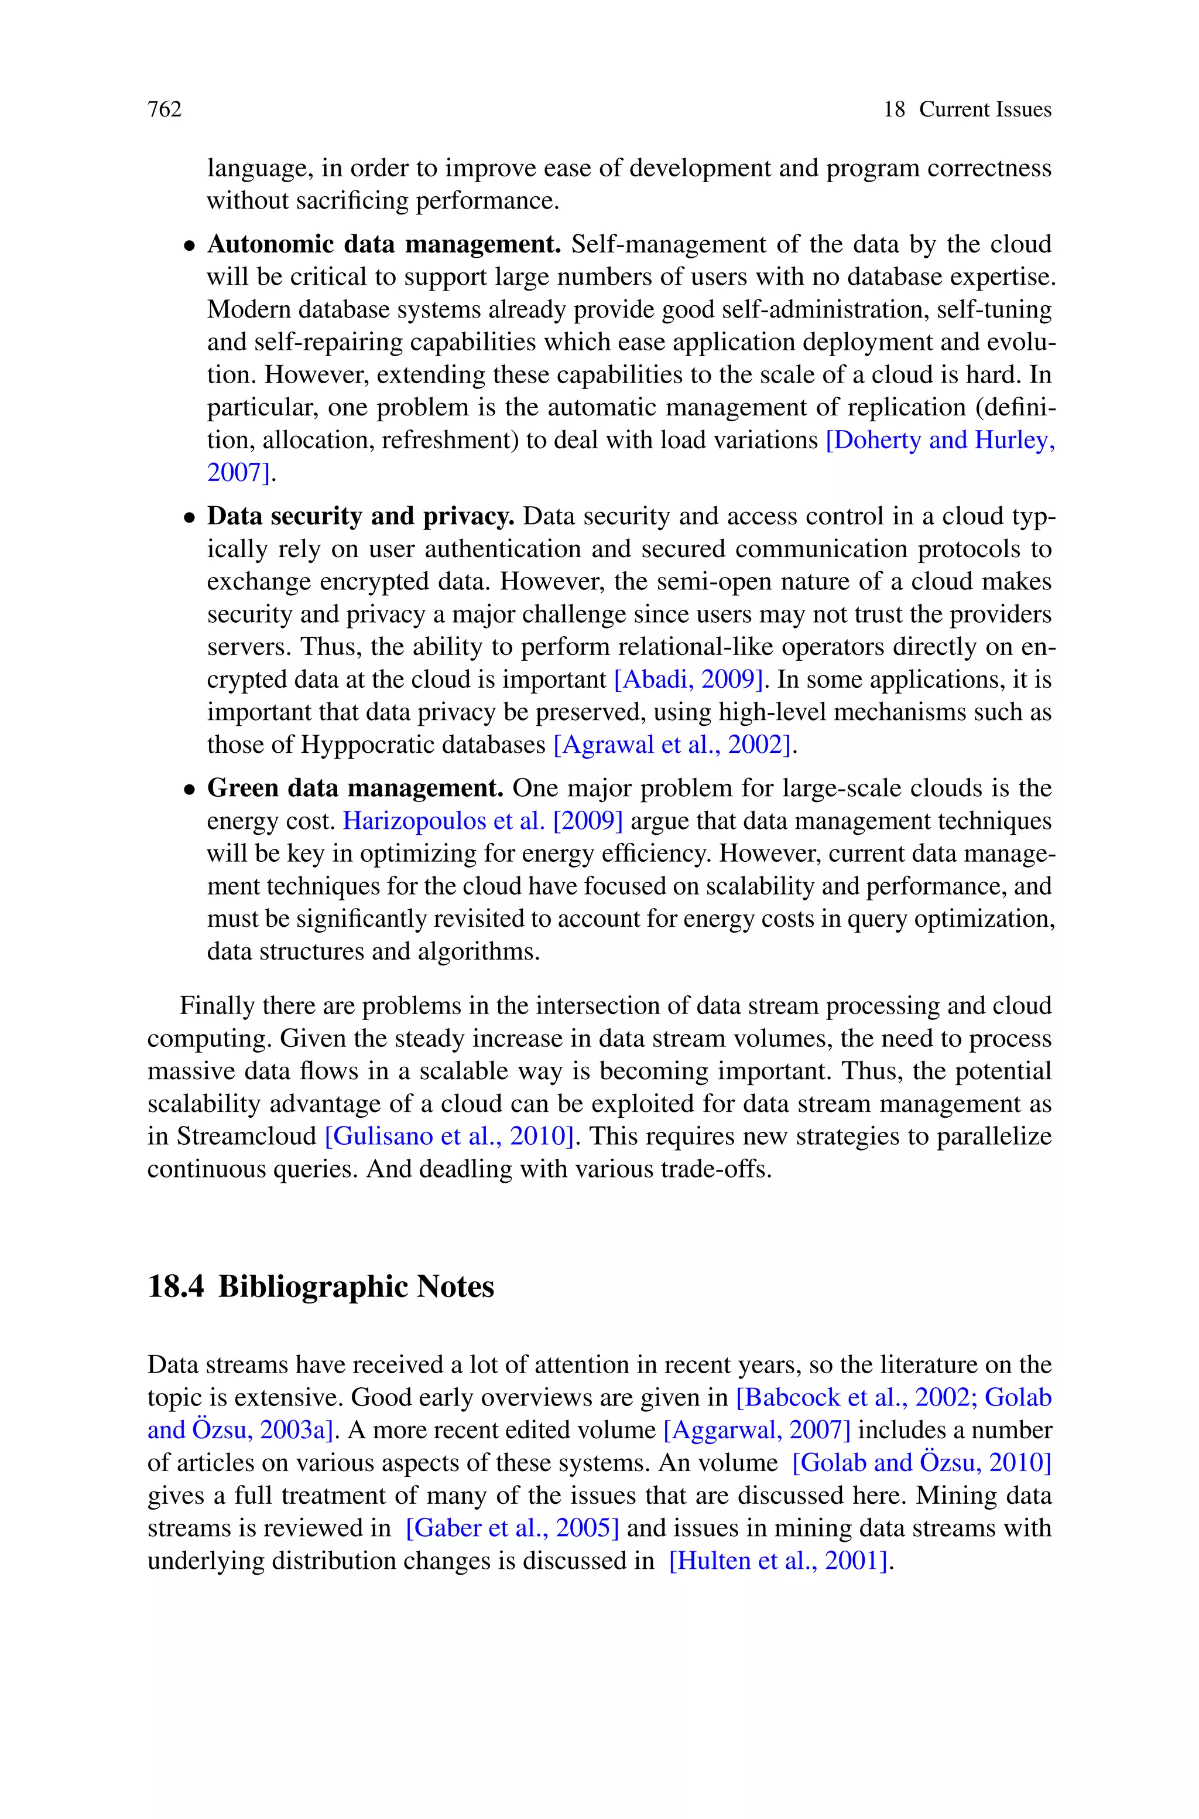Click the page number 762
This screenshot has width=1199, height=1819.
[165, 110]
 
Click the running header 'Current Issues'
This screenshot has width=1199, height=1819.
[985, 110]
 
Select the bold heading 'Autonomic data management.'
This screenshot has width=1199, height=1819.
[384, 244]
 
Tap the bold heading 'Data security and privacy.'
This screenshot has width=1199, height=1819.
[360, 516]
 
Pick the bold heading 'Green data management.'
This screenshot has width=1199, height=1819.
[355, 788]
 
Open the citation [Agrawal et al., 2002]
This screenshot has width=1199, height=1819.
[672, 744]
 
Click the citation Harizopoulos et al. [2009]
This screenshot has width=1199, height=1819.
[482, 821]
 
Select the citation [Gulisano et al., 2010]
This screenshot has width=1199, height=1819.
[450, 1136]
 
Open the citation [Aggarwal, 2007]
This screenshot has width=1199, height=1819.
[757, 1429]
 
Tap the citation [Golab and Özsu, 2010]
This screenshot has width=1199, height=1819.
[921, 1463]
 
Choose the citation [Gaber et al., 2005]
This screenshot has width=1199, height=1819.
[512, 1528]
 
